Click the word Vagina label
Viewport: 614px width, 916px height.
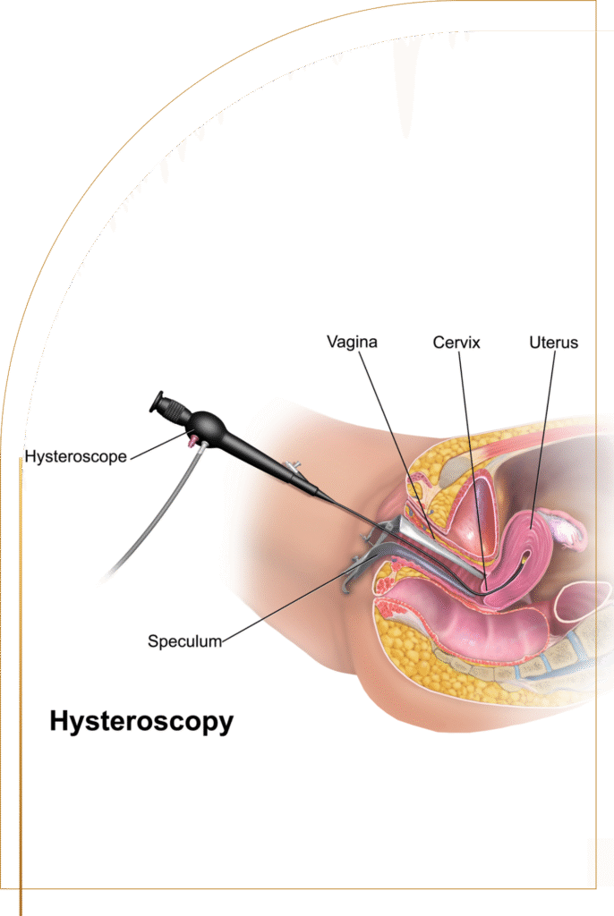point(352,342)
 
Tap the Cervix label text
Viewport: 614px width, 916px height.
point(456,342)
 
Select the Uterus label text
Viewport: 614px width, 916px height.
point(553,342)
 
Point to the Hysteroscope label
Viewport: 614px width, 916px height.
point(77,456)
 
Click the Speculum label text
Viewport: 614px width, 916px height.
point(184,640)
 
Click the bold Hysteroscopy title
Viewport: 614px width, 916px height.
point(141,721)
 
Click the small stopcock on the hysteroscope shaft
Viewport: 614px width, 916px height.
point(292,467)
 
